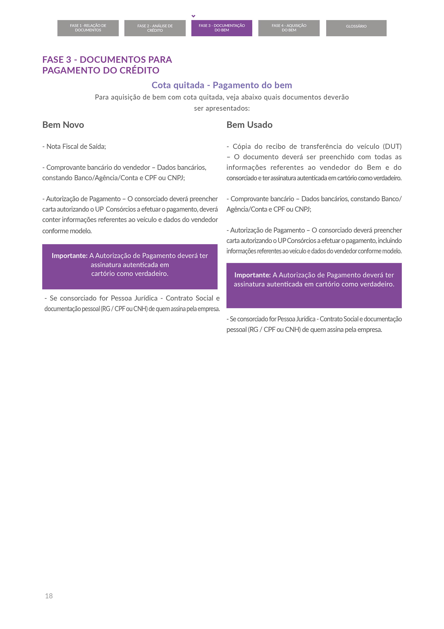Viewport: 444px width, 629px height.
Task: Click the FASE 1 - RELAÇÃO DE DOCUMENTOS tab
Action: click(88, 28)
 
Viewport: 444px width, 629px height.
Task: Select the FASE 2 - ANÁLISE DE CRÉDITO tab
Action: click(155, 28)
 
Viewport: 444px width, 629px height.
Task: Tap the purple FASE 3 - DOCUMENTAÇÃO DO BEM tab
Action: click(222, 28)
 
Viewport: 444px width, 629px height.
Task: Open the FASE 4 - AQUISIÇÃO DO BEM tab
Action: click(289, 28)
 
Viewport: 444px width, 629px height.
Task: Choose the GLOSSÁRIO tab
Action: click(356, 27)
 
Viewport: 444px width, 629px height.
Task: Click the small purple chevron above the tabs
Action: click(193, 16)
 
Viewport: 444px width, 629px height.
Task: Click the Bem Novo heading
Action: click(63, 125)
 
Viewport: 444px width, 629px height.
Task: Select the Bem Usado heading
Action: click(249, 125)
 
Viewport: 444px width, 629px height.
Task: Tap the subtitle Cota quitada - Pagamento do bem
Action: click(222, 85)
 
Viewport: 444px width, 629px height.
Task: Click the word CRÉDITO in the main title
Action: click(139, 70)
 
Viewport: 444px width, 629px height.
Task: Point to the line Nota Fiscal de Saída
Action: click(74, 147)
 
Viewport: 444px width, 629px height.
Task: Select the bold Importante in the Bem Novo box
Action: click(69, 256)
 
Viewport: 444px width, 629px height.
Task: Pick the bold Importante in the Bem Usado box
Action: click(252, 275)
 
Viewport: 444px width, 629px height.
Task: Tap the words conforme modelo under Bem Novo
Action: click(67, 231)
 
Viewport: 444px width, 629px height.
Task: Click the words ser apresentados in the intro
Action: click(222, 108)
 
